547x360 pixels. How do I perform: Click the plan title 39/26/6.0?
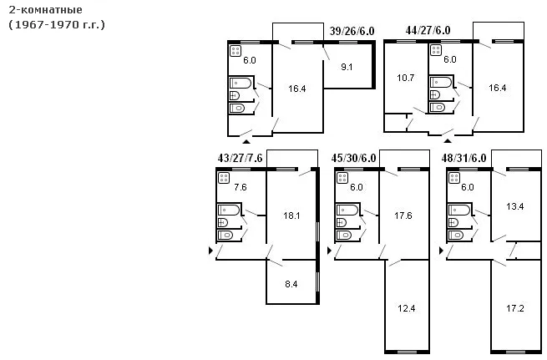click(352, 31)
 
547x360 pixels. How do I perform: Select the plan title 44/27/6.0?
click(428, 30)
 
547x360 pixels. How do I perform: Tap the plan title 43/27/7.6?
click(240, 158)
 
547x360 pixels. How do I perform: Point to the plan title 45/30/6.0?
click(353, 158)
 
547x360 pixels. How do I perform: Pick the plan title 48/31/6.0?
click(463, 158)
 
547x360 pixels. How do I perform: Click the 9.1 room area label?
click(347, 67)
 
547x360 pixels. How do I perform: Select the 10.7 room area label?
click(405, 78)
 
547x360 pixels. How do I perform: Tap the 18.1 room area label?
click(291, 215)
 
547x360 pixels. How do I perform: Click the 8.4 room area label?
click(291, 284)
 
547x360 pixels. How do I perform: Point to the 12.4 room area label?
click(407, 308)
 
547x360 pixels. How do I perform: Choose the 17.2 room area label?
click(515, 308)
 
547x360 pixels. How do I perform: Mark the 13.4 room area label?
click(515, 206)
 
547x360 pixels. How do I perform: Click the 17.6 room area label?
click(403, 215)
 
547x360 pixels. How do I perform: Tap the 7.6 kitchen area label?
click(241, 187)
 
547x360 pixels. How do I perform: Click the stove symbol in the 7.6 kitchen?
click(224, 178)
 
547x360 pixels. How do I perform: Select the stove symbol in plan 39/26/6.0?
click(236, 51)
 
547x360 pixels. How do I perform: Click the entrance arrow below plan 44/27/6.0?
click(448, 141)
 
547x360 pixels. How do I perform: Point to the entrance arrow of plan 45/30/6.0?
click(329, 251)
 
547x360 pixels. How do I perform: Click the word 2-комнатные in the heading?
click(46, 10)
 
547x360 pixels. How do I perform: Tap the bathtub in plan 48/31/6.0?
click(459, 210)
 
